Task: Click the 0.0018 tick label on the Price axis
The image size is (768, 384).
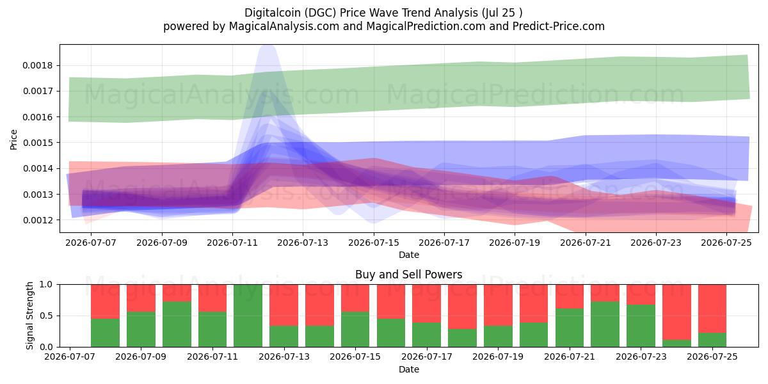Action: coord(38,65)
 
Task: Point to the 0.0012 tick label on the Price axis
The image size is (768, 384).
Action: coord(38,220)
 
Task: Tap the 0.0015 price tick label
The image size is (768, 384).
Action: coord(38,143)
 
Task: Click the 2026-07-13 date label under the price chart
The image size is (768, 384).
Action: coord(303,243)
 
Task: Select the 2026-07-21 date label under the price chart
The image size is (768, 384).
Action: coord(586,243)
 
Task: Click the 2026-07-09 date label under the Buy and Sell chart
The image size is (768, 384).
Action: coord(141,356)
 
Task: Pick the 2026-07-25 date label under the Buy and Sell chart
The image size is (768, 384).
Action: coord(712,356)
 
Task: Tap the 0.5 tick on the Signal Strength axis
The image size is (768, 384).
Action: coord(46,316)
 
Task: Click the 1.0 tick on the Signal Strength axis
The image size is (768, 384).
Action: coord(46,285)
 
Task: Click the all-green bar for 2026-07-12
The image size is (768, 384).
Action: coord(248,316)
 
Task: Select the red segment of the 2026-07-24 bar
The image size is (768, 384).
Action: coord(677,312)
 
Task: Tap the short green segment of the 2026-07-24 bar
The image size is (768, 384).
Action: coord(677,343)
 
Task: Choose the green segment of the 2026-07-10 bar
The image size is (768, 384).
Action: coord(177,324)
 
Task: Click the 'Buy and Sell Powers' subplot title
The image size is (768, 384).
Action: coord(409,275)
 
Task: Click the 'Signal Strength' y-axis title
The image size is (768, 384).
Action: coord(30,316)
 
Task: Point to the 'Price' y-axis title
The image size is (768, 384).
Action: coord(13,140)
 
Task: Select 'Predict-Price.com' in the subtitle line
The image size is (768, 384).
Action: coord(559,26)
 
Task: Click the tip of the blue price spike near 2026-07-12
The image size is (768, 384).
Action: coord(268,45)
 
